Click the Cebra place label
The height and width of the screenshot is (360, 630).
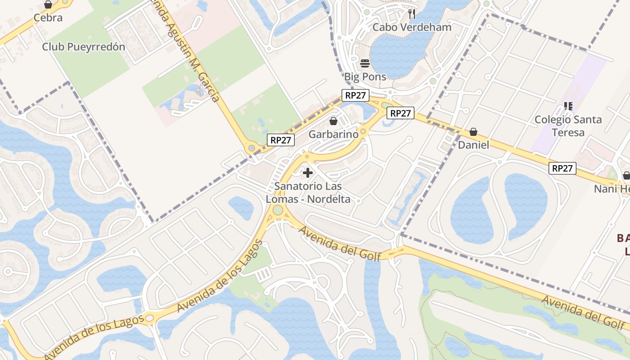point(48,18)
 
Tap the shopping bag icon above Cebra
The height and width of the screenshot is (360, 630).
point(48,5)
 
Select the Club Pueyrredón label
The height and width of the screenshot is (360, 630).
point(84,47)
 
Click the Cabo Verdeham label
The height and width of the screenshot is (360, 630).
point(412,27)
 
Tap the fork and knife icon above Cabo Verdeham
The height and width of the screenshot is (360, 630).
point(412,13)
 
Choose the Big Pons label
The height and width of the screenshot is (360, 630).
point(365,76)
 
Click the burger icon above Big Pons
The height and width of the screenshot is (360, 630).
point(365,63)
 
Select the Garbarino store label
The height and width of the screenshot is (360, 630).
point(333,134)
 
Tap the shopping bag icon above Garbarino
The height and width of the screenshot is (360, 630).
point(333,121)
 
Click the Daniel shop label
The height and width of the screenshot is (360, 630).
point(473,145)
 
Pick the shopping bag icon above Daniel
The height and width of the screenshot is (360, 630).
point(473,132)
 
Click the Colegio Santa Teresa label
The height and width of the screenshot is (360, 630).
point(568,126)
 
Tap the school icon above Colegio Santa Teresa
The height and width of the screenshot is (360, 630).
point(568,106)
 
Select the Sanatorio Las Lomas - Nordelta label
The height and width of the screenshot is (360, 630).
point(308,193)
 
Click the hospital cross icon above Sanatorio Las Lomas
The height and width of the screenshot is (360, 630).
point(308,173)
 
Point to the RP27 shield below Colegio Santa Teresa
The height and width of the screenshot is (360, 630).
point(562,168)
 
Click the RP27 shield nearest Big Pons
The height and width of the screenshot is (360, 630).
point(355,95)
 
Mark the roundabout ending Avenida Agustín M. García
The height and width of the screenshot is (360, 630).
point(252,148)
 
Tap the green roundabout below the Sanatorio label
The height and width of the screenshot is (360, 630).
point(278,210)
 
